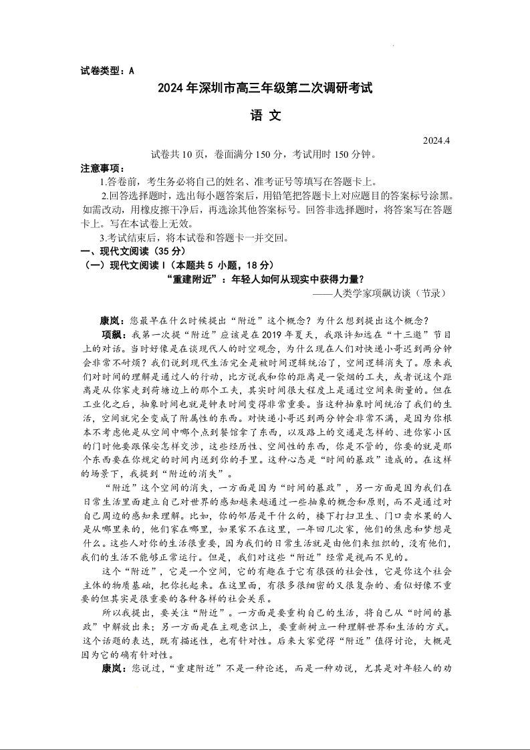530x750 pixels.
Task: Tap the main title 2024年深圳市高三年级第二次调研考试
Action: [x=265, y=88]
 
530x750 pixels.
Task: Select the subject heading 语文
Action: [x=265, y=115]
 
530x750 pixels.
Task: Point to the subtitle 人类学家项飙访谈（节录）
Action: [x=387, y=293]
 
